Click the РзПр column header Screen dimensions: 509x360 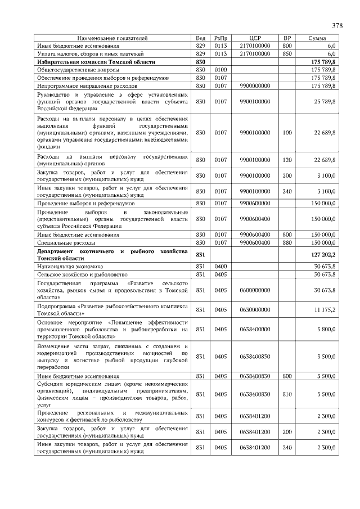click(220, 38)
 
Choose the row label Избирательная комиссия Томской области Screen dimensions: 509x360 click(96, 62)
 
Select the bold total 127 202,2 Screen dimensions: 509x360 click(323, 255)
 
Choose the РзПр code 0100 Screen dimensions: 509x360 click(220, 70)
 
